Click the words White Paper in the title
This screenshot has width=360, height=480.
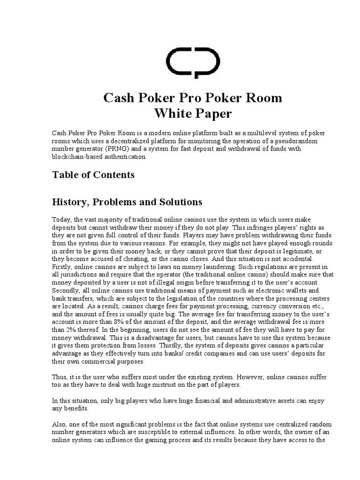point(192,113)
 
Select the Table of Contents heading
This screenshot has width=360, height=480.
point(93,175)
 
